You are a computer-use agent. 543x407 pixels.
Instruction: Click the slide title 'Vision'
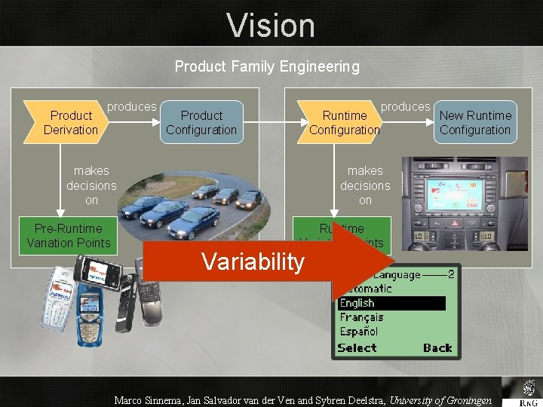coord(271,25)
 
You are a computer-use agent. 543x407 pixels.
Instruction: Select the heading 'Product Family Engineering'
coord(267,66)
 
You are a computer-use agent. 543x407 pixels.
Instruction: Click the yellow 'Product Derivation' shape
coord(69,123)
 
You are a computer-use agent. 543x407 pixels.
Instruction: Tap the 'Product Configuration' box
coord(201,123)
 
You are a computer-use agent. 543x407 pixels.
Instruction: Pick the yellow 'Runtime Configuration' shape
coord(343,123)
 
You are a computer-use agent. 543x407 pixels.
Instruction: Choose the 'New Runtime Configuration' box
coord(475,123)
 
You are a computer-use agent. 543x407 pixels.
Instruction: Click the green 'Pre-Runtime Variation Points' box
coord(68,235)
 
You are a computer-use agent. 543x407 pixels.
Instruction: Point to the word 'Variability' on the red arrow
coord(253,262)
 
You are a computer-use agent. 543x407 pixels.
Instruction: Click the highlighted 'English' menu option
coord(357,303)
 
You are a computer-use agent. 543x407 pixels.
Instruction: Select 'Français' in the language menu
coord(361,317)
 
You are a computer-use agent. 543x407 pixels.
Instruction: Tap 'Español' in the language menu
coord(359,332)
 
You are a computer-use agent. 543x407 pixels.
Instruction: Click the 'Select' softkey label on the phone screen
coord(357,347)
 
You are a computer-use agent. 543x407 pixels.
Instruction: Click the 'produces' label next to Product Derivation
coord(131,107)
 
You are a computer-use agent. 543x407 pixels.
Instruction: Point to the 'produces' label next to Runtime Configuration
coord(405,107)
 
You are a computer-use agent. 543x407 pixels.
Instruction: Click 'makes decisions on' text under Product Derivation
coord(91,185)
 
